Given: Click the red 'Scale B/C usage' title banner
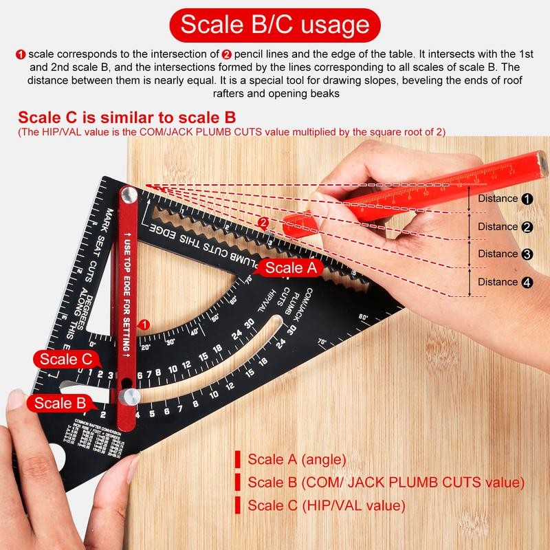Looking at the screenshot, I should click(x=274, y=25).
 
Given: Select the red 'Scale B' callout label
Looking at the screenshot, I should click(x=60, y=404).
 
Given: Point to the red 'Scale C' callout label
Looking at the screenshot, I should click(x=66, y=358).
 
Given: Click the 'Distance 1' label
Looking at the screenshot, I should click(x=505, y=199).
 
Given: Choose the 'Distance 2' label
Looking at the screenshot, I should click(x=505, y=227).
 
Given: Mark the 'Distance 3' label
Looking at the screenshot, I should click(x=505, y=254).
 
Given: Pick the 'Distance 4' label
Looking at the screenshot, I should click(x=505, y=282).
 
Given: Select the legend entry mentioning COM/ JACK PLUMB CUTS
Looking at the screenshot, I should click(x=385, y=482).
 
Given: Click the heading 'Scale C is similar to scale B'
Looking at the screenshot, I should click(x=127, y=116).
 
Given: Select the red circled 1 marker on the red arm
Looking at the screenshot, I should click(x=144, y=324).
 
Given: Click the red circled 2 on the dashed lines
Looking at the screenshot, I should click(x=263, y=223).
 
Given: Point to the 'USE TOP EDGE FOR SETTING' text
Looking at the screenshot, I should click(x=128, y=296).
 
